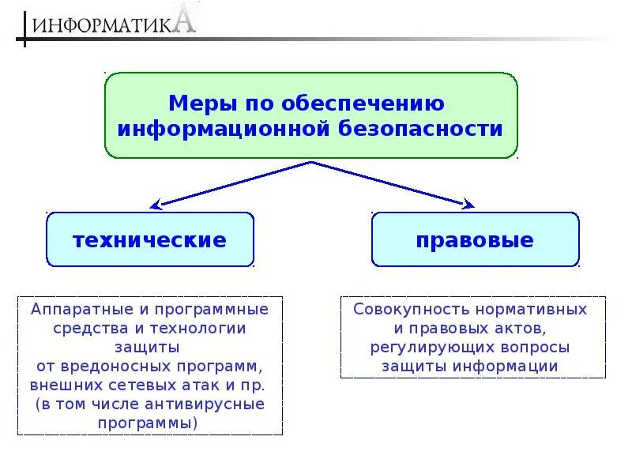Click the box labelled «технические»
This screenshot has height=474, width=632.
click(150, 239)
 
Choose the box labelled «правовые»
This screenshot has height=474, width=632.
click(476, 239)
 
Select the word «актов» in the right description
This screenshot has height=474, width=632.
click(518, 328)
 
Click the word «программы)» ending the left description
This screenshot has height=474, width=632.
click(149, 423)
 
